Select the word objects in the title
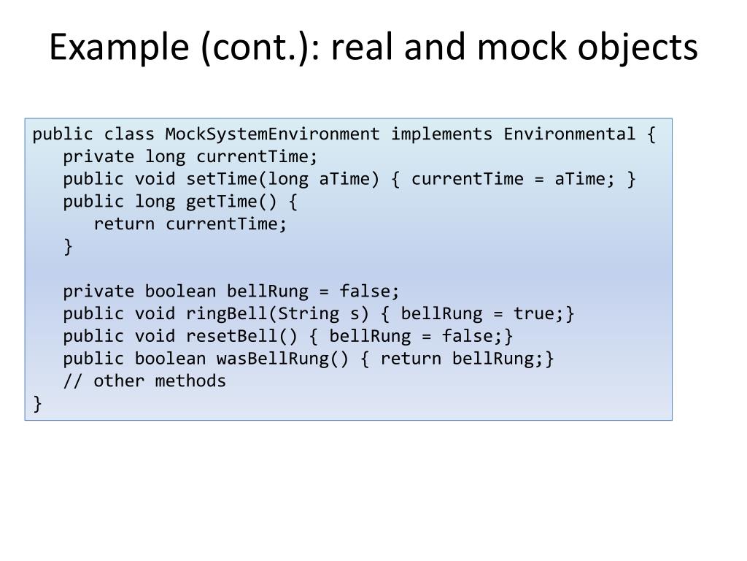pyautogui.click(x=642, y=48)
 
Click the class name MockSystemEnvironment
pyautogui.click(x=273, y=134)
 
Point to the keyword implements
pyautogui.click(x=441, y=134)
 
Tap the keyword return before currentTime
pyautogui.click(x=124, y=224)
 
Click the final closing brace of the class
pyautogui.click(x=37, y=404)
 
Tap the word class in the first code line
pyautogui.click(x=129, y=134)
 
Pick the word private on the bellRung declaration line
pyautogui.click(x=98, y=291)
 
